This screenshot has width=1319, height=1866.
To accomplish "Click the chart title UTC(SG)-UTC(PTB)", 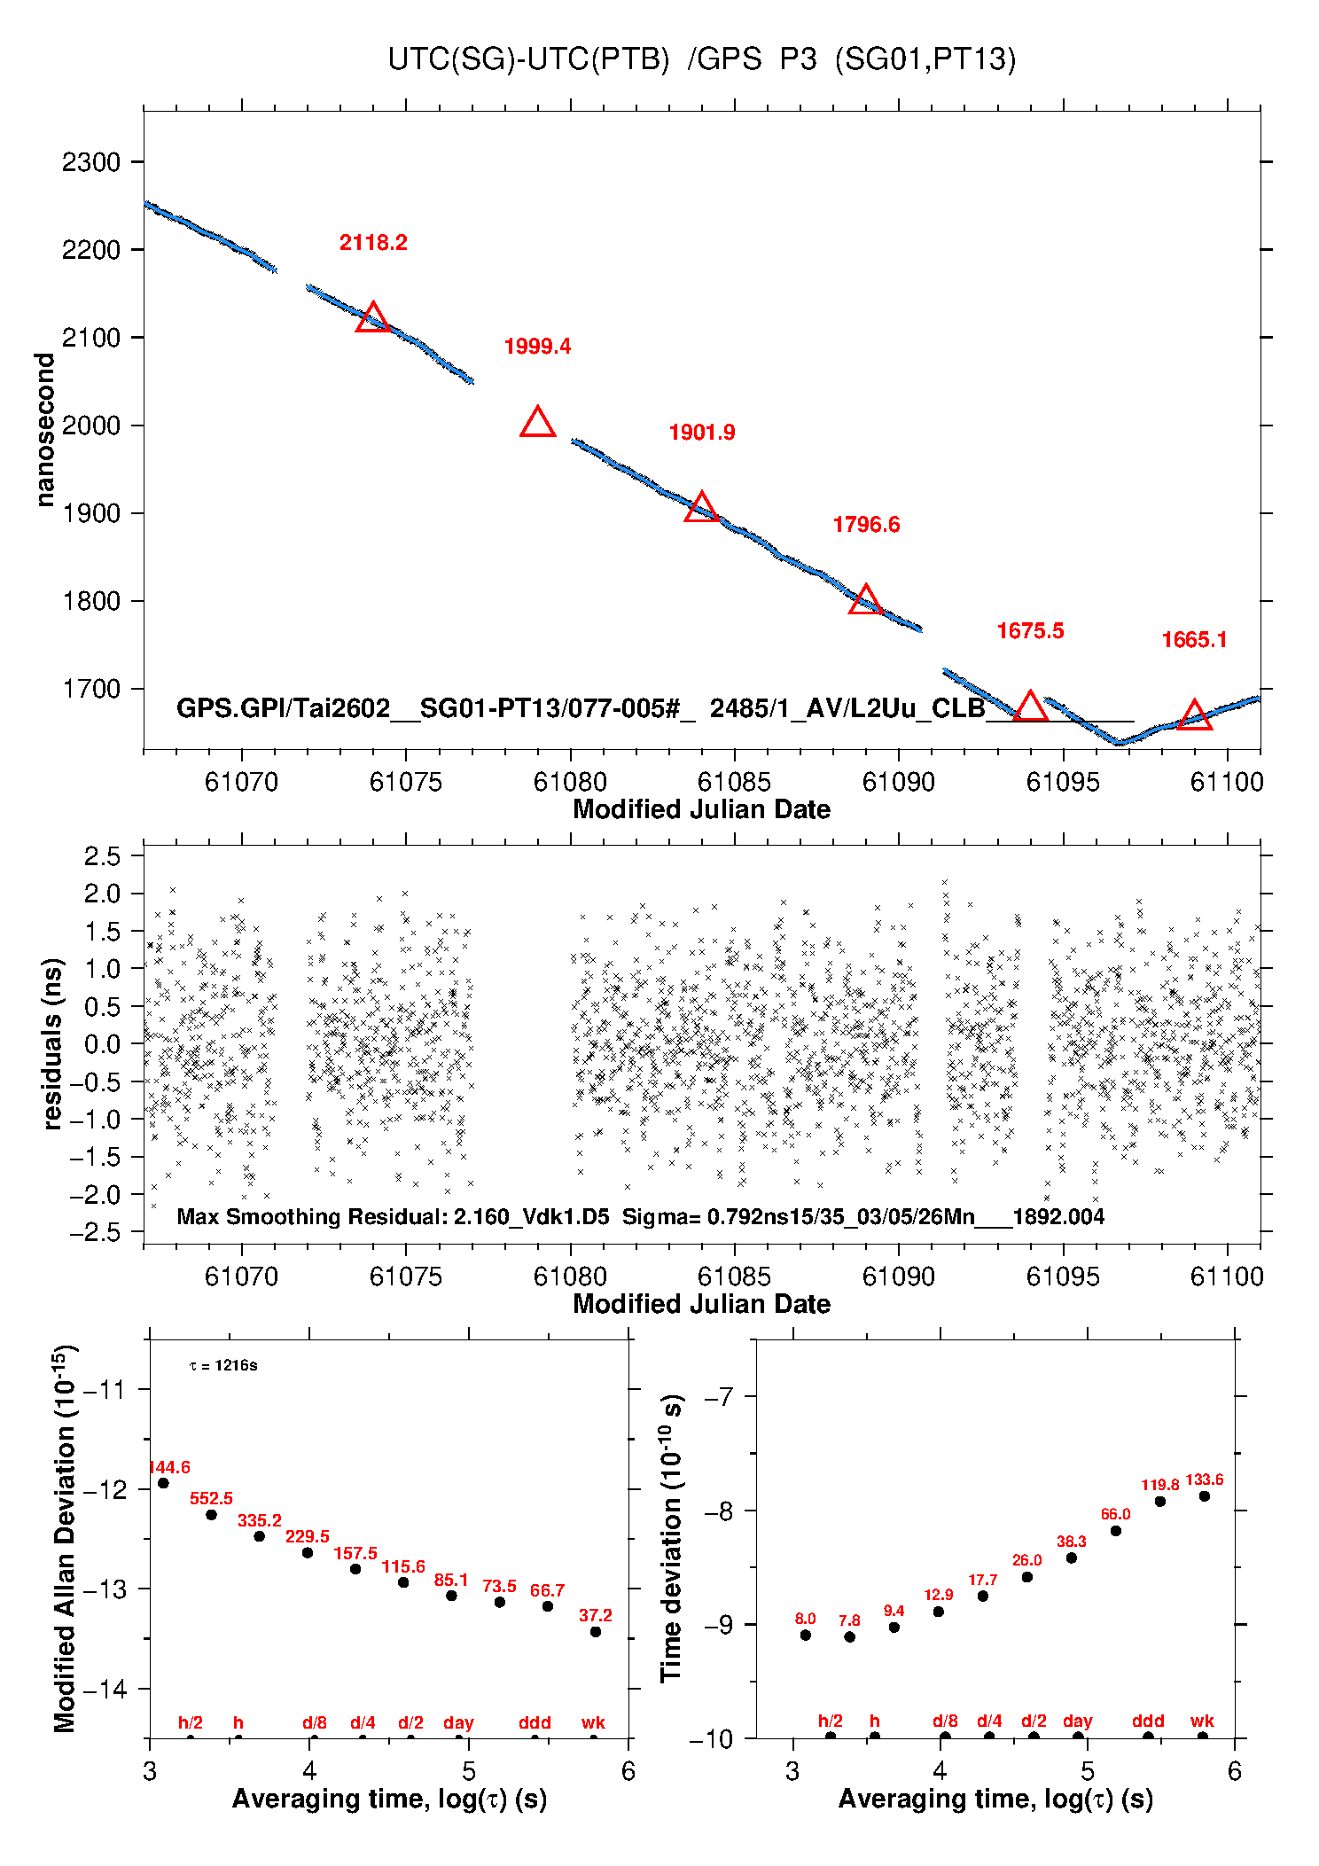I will [528, 59].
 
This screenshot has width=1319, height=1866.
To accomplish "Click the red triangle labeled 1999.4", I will [537, 423].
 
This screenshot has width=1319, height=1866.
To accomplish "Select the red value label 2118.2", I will [373, 243].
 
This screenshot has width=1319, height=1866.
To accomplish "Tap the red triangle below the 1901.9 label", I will [701, 508].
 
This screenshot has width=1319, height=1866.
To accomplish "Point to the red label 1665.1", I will [1194, 640].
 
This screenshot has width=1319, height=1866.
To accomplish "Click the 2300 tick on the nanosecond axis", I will [90, 162].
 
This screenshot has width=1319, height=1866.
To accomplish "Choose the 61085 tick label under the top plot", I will [734, 782].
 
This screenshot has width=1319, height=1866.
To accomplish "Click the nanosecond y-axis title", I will [45, 429].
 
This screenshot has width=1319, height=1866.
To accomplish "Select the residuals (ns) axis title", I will [53, 1043].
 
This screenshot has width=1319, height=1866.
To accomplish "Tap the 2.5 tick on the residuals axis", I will [102, 856].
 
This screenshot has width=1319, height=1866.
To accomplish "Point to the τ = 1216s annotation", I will [223, 1365].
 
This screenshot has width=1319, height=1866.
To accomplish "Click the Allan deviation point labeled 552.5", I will [211, 1514].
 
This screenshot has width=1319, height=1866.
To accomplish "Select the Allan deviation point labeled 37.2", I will [596, 1631].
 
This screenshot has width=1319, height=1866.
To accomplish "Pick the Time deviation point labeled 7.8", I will [849, 1636].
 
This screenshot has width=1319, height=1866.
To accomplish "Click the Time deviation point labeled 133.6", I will [1204, 1495].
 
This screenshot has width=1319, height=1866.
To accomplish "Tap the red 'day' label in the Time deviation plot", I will [1077, 1721].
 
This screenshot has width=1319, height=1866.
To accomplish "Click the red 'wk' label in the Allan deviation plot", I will [593, 1722].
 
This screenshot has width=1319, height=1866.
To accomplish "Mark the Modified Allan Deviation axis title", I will [64, 1538].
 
